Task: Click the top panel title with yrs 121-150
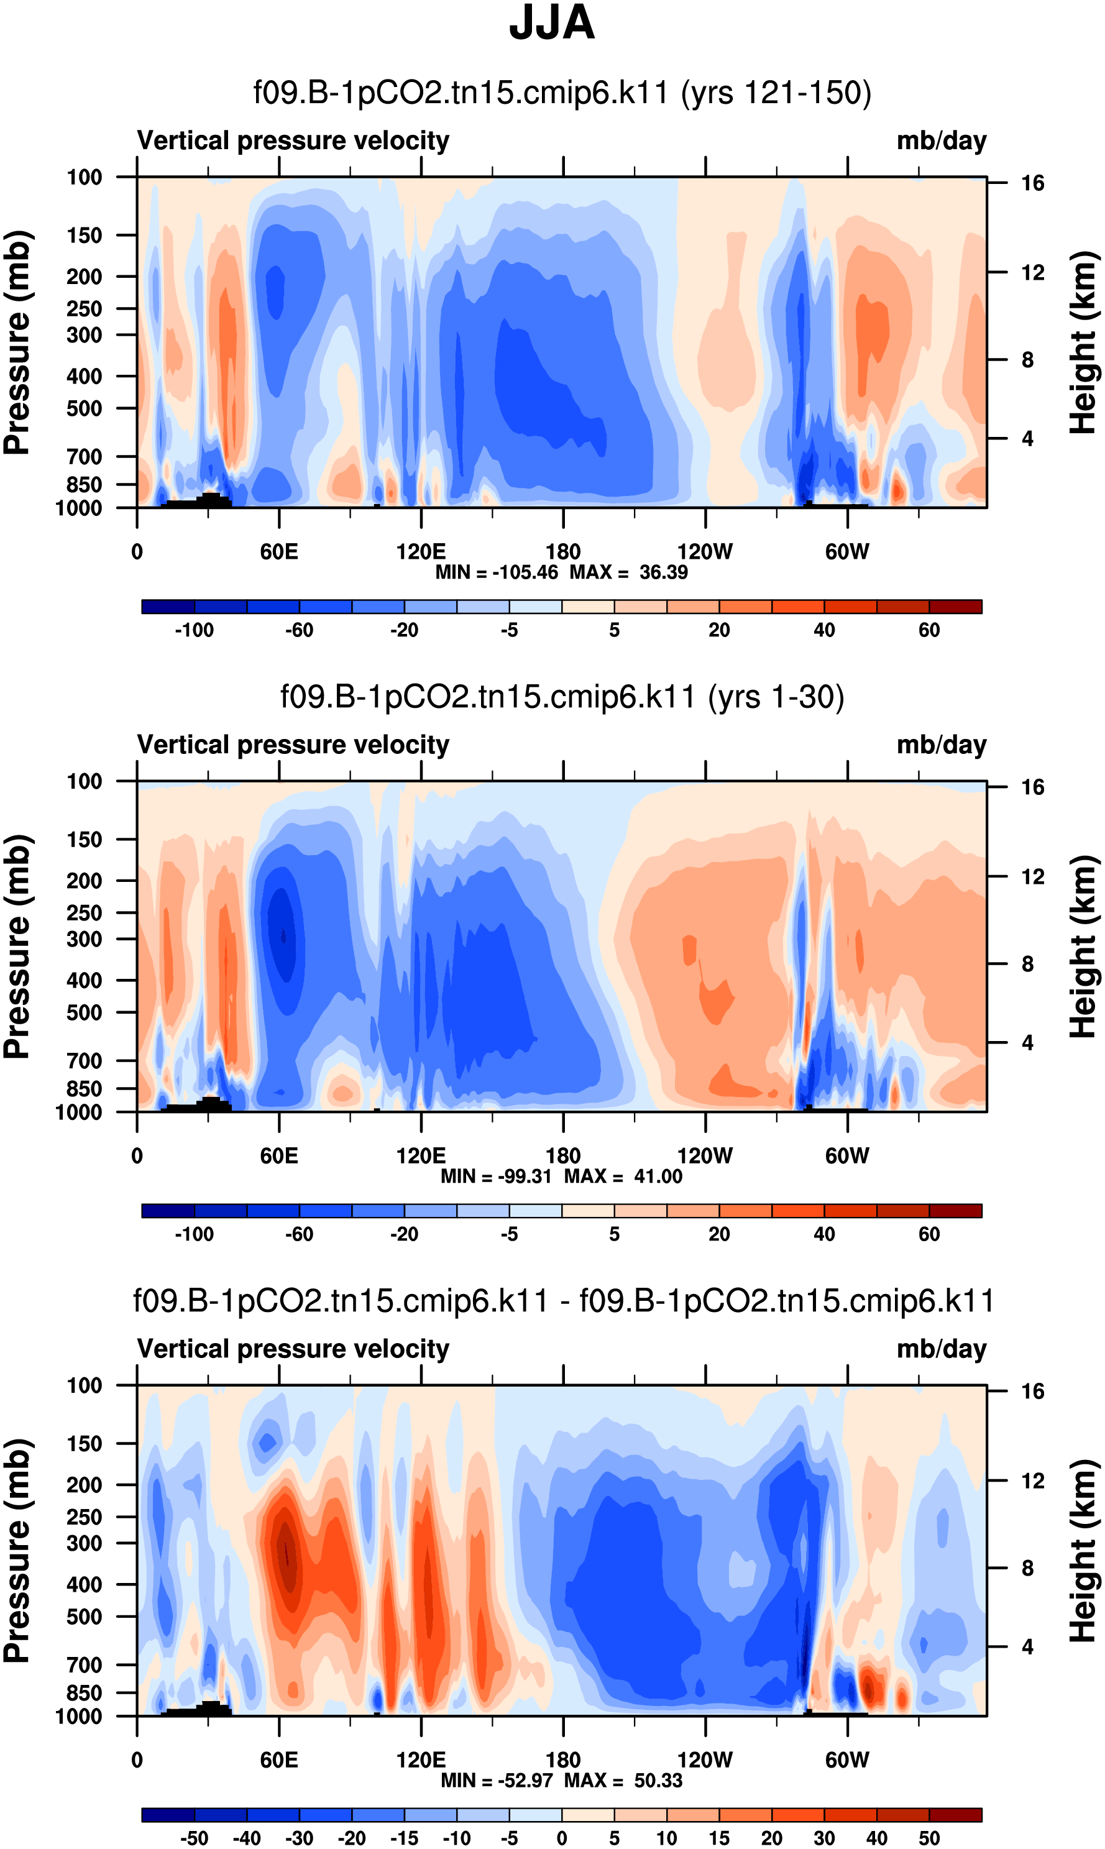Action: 562,93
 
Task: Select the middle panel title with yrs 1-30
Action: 562,697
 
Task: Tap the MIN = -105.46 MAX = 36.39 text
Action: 561,572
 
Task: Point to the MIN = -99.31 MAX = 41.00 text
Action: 561,1176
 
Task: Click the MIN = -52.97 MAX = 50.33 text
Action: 561,1780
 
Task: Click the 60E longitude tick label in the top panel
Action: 279,552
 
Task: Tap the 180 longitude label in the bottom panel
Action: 563,1760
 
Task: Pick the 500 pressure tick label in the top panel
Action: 84,409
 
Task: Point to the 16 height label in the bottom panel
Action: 1032,1391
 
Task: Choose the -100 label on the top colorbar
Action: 195,630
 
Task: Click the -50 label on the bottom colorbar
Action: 195,1838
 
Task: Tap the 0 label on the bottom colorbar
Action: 562,1838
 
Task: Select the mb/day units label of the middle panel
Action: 941,745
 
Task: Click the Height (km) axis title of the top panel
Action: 1083,342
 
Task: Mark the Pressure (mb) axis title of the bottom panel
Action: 16,1551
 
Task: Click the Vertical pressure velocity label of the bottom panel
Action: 293,1349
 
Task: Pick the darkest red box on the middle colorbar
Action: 955,1210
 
